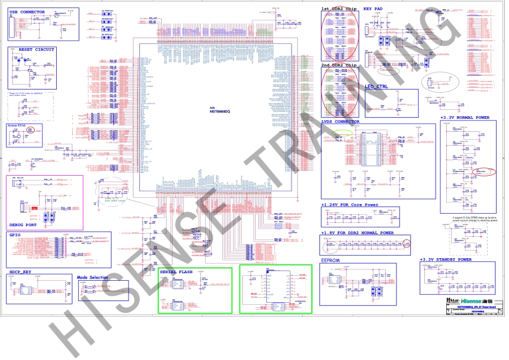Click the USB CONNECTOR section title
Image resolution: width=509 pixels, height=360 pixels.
[27, 11]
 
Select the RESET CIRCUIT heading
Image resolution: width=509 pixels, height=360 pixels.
[36, 49]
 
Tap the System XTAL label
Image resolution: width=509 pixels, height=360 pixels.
[17, 125]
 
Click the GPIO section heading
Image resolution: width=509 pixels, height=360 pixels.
[14, 235]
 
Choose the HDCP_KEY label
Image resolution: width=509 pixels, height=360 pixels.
[20, 272]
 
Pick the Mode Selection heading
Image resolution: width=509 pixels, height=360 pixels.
[92, 277]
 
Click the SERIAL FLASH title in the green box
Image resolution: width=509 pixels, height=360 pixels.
[176, 272]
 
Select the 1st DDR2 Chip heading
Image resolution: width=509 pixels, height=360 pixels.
[339, 9]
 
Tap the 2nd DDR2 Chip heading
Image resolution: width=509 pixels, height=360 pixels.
[339, 65]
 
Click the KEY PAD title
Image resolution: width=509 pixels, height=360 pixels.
[373, 9]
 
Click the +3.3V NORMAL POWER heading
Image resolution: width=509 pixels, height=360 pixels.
[465, 117]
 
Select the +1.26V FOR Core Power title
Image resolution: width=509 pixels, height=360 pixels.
[349, 205]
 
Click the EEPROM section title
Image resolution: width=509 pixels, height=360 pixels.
[331, 260]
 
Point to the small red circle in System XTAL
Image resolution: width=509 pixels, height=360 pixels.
[31, 130]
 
